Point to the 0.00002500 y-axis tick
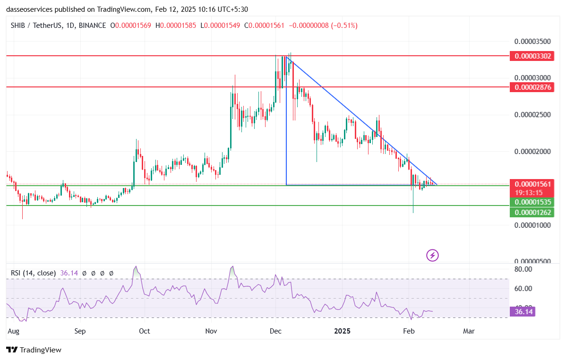coord(532,115)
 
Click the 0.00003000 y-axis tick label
coord(532,77)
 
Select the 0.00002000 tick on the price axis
coord(532,152)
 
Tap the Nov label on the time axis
coord(211,331)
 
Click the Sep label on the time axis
coord(80,331)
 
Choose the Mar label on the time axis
coord(469,331)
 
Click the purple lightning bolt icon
coord(432,256)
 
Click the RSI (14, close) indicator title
coord(33,273)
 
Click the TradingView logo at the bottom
coord(34,350)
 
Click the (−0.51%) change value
coord(340,26)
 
